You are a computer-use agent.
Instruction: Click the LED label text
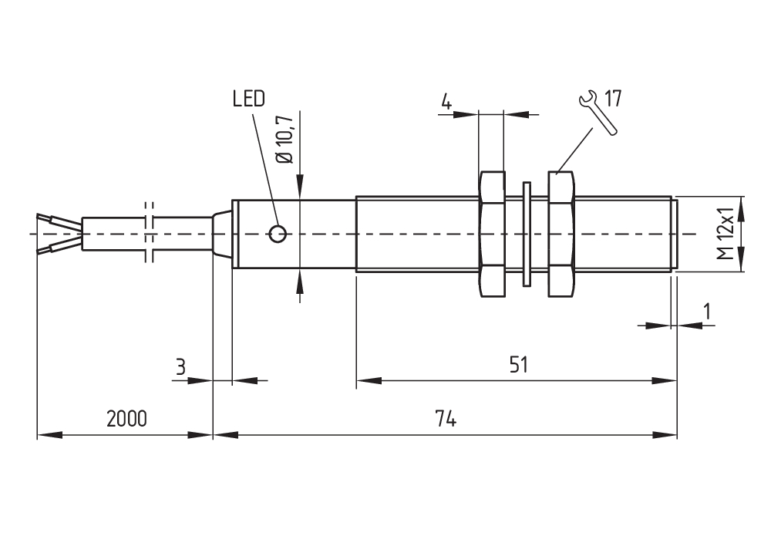click(248, 99)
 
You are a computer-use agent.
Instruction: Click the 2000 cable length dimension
click(126, 419)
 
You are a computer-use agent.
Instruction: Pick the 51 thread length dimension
click(518, 364)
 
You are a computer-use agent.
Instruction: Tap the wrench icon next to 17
click(596, 113)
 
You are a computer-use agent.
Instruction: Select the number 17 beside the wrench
click(613, 99)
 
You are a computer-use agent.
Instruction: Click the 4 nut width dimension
click(446, 101)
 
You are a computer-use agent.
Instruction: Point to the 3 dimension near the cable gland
click(180, 366)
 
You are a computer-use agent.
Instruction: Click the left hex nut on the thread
click(492, 234)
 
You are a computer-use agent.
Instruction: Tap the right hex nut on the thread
click(562, 234)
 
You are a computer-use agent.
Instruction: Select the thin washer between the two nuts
click(527, 234)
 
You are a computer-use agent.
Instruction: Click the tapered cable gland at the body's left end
click(222, 234)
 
